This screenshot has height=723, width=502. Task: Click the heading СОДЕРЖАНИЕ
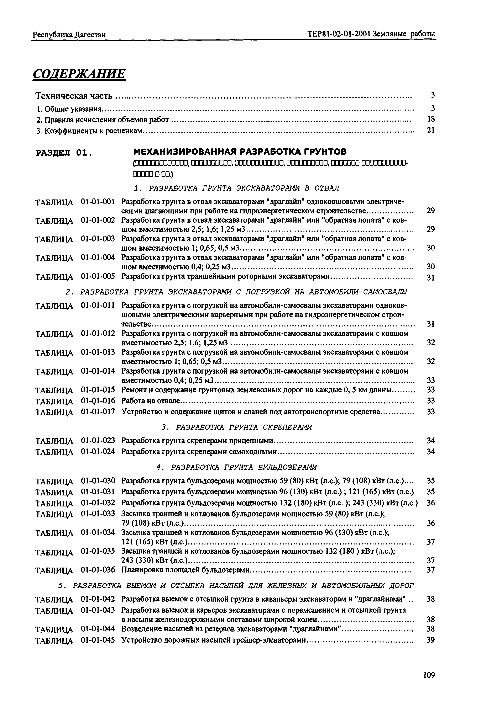79,74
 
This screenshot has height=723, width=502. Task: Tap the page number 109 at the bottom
429,675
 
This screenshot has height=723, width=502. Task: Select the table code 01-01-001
98,201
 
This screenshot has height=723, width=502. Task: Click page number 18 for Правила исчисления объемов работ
431,119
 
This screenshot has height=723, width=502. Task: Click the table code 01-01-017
98,412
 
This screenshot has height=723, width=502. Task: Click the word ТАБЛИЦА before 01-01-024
54,452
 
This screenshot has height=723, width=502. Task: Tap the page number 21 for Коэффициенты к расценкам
431,130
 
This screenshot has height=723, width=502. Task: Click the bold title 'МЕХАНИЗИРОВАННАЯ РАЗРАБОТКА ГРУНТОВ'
240,152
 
